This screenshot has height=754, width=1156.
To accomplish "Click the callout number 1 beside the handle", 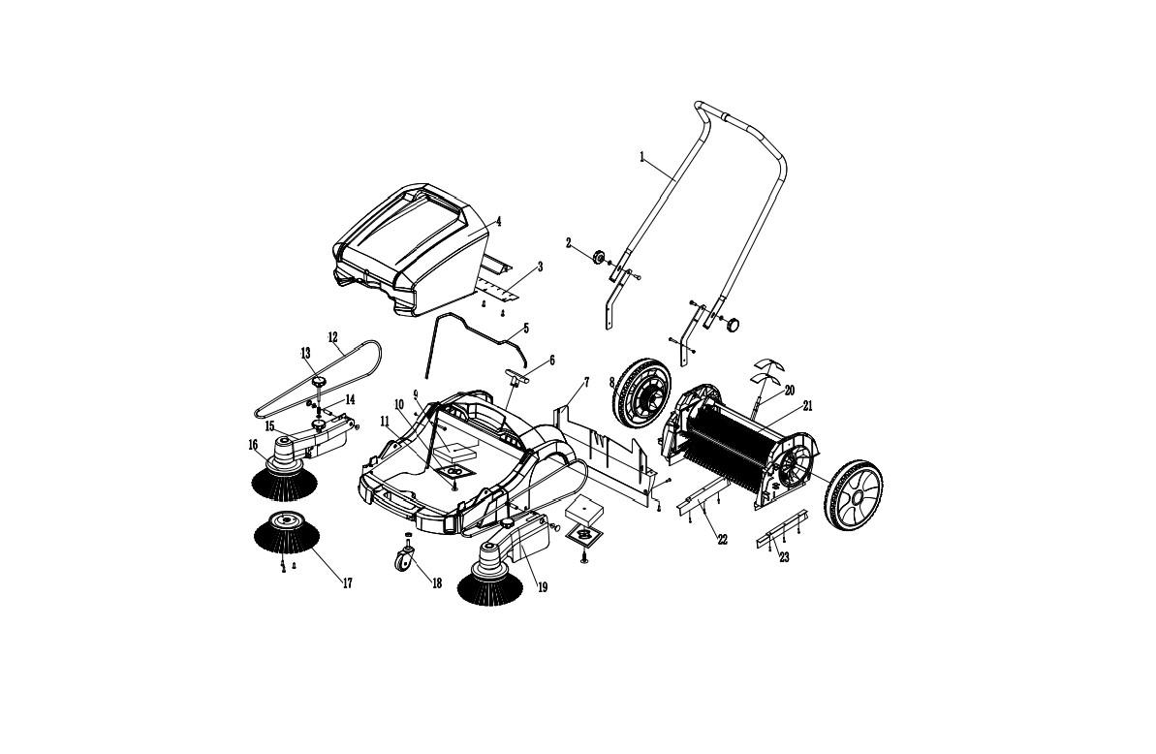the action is coord(641,157).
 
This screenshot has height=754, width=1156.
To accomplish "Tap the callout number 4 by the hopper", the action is coord(498,221).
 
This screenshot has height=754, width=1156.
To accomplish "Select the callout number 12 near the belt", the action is coord(332,337).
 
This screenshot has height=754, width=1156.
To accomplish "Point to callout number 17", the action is coord(347,583).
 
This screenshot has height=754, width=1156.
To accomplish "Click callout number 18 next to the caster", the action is coord(436,583).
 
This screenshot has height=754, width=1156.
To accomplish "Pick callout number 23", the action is coord(784,558).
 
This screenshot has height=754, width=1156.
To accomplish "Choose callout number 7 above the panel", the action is coord(586,382).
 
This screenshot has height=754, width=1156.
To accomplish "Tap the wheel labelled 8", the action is coord(642,393).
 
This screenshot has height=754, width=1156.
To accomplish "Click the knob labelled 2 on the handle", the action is coord(599,257).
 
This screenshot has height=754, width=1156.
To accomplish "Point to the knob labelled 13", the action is coord(319,382).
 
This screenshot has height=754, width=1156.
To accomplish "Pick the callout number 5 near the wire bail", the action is coord(525,328).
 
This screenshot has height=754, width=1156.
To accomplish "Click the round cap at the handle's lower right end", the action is coord(733,325).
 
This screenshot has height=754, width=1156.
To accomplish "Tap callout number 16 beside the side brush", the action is coord(253,445).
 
